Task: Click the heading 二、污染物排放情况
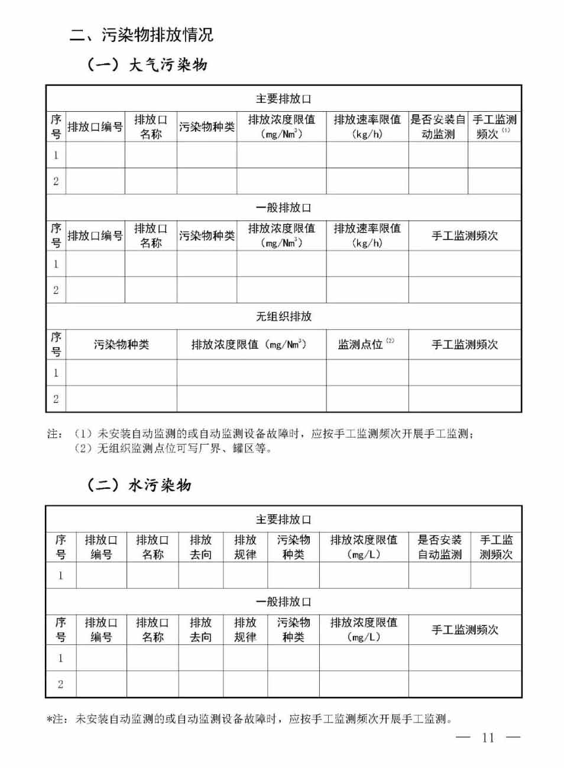tap(141, 35)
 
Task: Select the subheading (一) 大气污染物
tap(147, 64)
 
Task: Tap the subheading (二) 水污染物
tap(139, 485)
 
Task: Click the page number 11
tap(488, 737)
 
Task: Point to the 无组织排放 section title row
tap(283, 316)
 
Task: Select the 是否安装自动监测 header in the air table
tap(438, 127)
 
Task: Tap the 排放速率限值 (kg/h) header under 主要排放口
tap(367, 127)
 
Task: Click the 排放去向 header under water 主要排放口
tap(200, 547)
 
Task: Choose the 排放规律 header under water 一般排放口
tap(245, 630)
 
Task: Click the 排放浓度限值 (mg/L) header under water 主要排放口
tap(364, 547)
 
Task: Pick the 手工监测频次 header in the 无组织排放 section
tap(465, 344)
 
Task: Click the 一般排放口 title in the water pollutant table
tap(283, 602)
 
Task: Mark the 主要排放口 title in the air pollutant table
tap(283, 99)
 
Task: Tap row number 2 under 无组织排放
tap(56, 398)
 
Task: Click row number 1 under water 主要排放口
tap(60, 575)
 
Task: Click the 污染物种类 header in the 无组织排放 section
tap(121, 344)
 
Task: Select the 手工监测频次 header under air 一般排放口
tap(465, 235)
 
